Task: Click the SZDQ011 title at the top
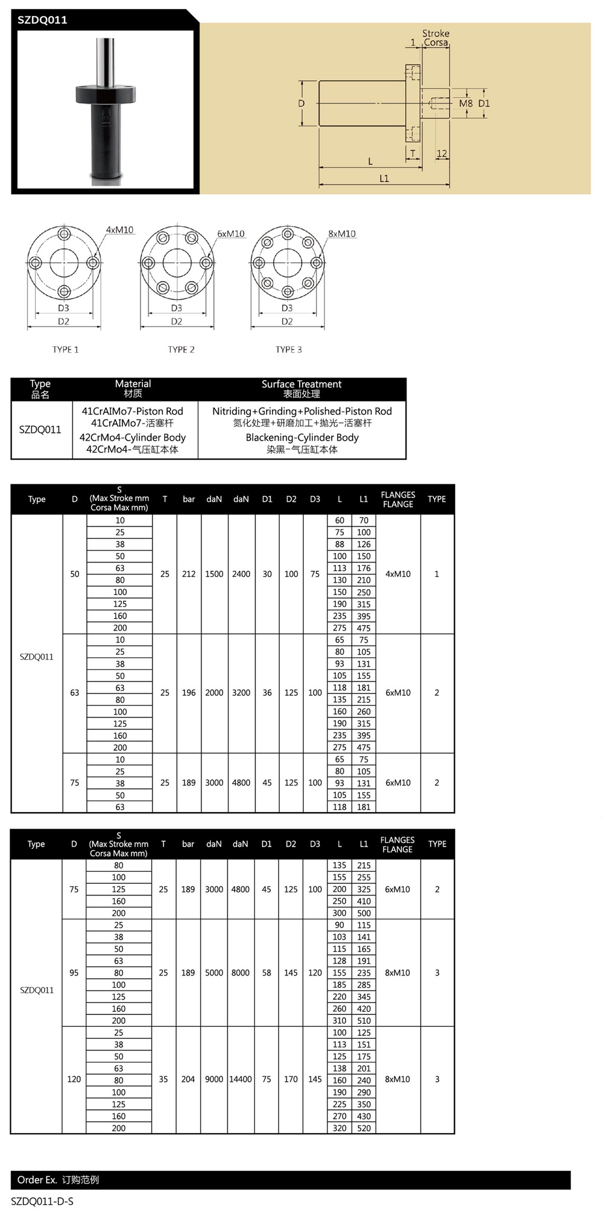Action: point(42,20)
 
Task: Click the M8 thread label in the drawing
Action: point(466,104)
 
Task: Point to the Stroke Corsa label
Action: point(435,38)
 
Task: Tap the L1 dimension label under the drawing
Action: point(384,178)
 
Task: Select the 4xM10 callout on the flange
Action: point(119,230)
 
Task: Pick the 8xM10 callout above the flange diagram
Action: point(341,233)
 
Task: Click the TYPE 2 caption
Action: point(181,350)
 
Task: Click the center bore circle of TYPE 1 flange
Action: point(64,263)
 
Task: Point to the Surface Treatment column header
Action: point(301,388)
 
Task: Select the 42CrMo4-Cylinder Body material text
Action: point(133,437)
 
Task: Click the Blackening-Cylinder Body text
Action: point(302,437)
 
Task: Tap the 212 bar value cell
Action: point(189,574)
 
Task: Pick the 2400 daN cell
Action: point(241,574)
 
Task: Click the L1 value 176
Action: point(364,568)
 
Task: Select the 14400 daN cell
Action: point(240,1079)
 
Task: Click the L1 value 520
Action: point(364,1128)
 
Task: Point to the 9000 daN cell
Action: point(214,1079)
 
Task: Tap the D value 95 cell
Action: point(74,973)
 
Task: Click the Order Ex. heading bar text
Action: point(58,1180)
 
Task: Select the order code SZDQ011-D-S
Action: point(42,1201)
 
